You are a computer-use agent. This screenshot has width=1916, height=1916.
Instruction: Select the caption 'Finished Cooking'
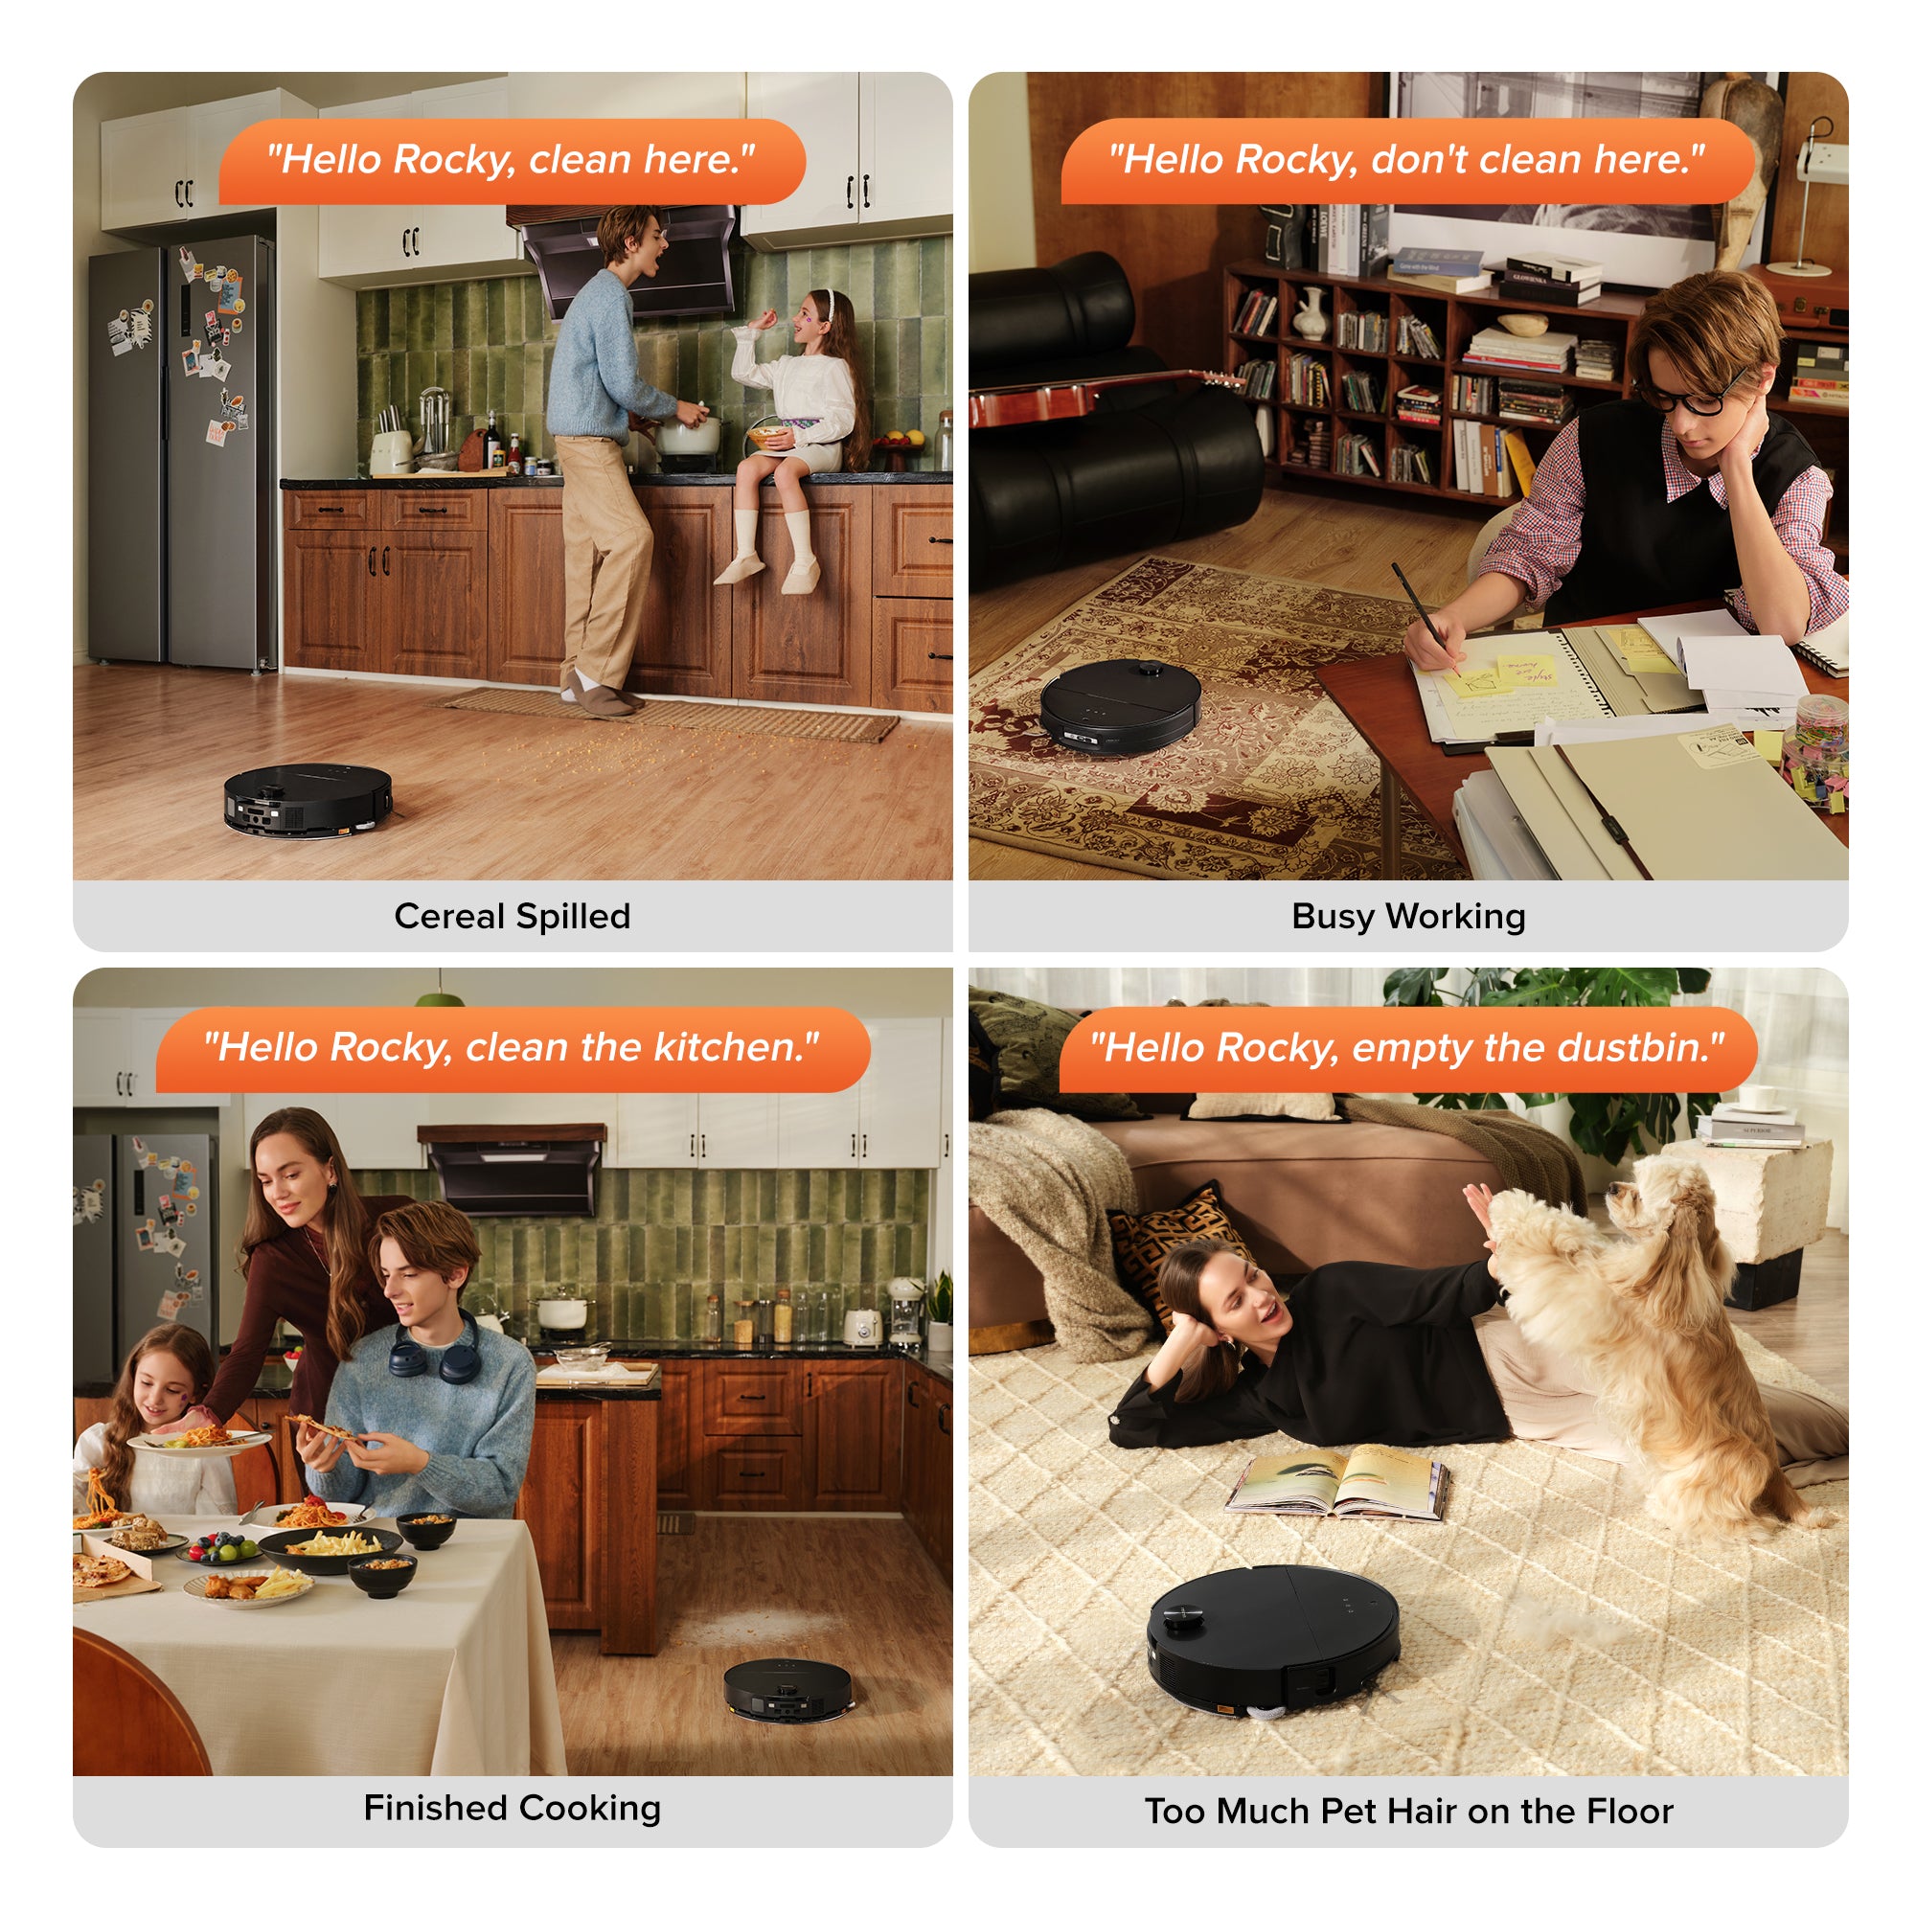click(x=512, y=1807)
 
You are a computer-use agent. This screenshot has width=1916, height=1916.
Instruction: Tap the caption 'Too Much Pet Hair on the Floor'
click(x=1408, y=1811)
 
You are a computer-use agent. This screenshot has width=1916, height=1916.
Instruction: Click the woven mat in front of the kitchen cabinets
click(x=673, y=714)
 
